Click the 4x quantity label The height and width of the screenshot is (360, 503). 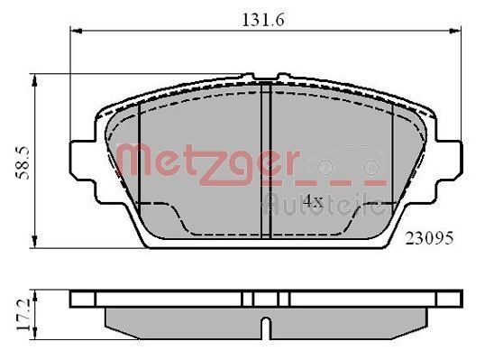tap(312, 200)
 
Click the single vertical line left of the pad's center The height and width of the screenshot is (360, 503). tap(142, 153)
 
